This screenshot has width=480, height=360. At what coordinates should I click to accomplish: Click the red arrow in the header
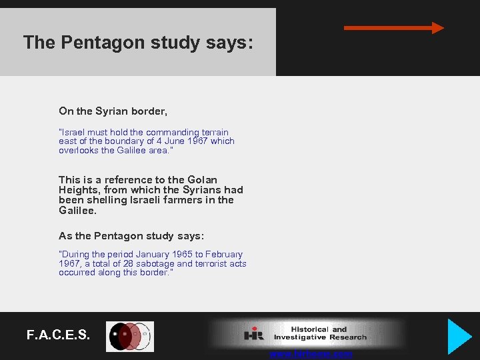[393, 28]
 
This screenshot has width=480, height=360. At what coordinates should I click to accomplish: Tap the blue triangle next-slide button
[458, 336]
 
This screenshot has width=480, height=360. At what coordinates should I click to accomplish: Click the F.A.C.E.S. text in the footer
[58, 335]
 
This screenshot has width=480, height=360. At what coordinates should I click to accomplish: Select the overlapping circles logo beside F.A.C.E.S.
[131, 337]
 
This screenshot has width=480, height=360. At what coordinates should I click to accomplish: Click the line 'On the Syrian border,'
[113, 111]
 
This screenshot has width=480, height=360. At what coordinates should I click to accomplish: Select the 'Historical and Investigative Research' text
[320, 333]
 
